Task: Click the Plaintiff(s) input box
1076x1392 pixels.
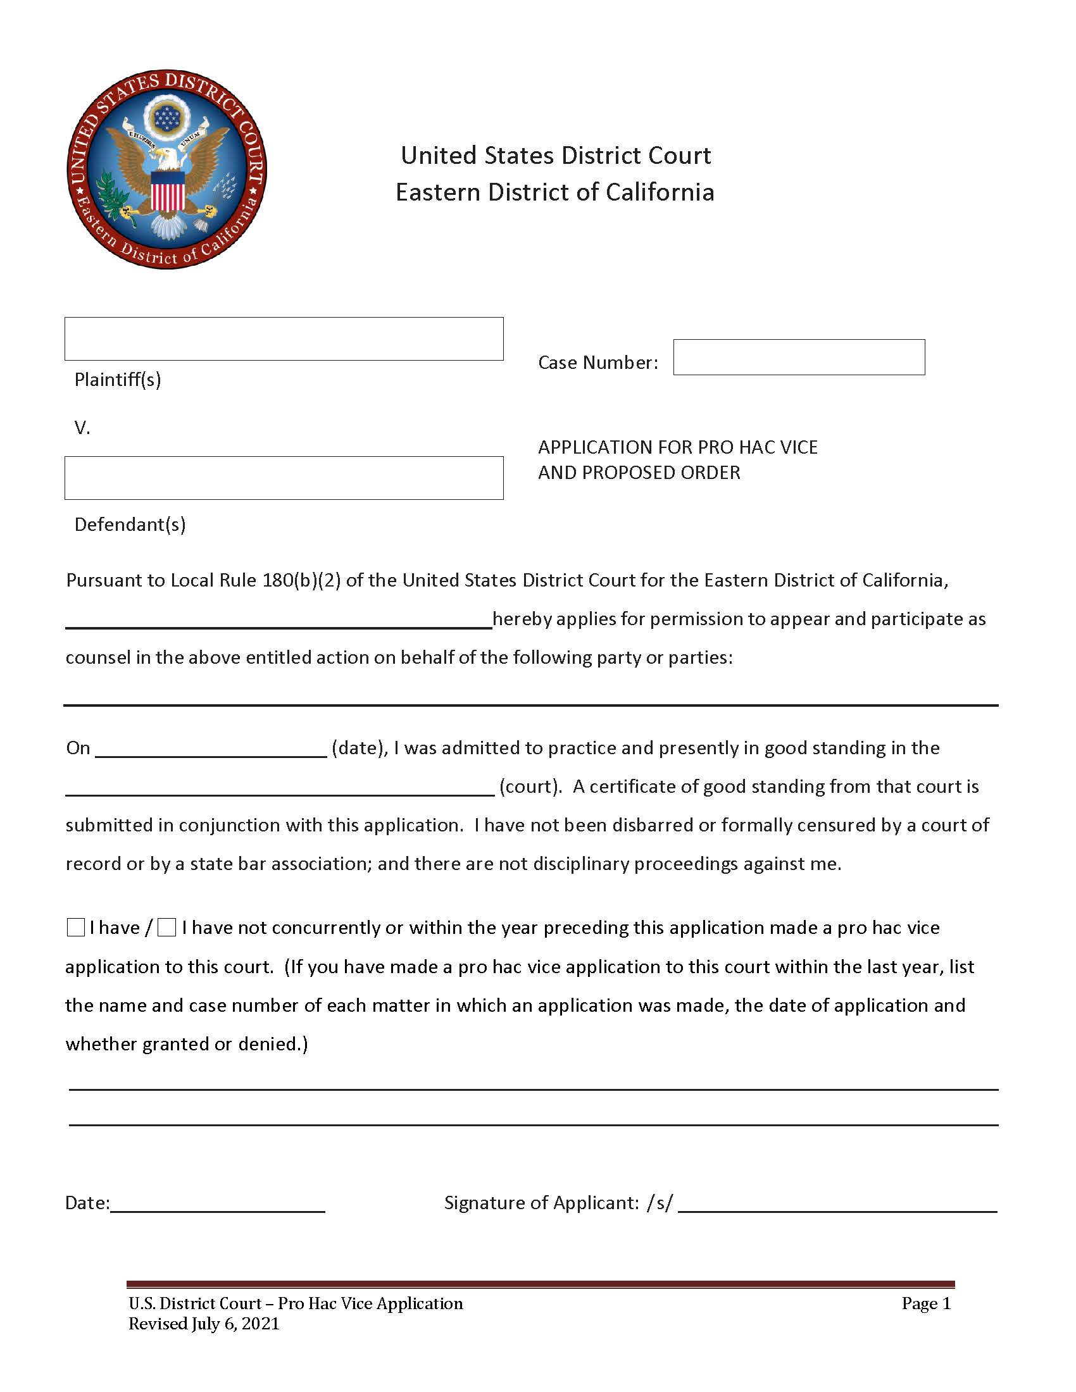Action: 284,339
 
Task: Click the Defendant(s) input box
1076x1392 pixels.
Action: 284,477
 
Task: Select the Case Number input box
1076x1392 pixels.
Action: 798,357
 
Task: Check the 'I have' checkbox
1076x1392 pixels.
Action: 76,928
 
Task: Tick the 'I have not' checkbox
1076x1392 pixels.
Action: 166,928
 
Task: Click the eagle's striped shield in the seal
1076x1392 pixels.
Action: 168,191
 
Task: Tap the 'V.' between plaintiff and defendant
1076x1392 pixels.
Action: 82,428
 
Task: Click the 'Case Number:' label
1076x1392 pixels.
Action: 597,363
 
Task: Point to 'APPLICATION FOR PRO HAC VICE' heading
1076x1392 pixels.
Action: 677,447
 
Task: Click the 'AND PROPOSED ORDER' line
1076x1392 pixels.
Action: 639,472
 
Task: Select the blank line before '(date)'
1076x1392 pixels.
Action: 210,750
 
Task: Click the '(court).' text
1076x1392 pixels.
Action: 530,786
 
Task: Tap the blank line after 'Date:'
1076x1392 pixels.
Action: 217,1204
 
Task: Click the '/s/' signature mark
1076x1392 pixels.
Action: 659,1203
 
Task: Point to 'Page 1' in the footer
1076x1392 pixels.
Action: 925,1303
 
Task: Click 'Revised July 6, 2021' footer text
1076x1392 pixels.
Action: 204,1324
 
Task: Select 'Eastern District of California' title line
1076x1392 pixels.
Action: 554,192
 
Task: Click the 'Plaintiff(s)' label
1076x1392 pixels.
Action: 118,380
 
